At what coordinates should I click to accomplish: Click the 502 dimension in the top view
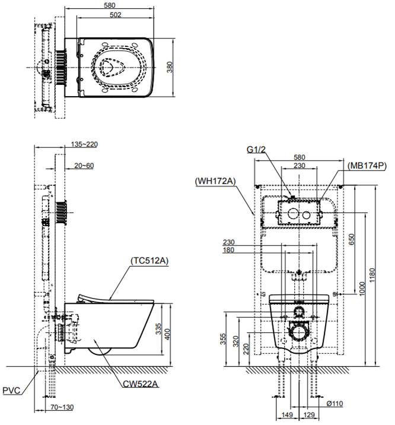(115, 15)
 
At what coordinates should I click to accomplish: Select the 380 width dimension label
(170, 67)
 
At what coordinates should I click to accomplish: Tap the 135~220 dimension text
(84, 144)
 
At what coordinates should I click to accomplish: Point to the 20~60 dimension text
(84, 166)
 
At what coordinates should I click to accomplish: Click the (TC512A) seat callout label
(149, 261)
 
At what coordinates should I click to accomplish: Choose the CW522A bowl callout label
(140, 384)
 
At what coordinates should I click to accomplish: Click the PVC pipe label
(11, 391)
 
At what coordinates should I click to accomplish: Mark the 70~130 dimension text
(62, 407)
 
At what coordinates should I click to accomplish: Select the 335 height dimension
(158, 328)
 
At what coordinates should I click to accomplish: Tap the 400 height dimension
(167, 334)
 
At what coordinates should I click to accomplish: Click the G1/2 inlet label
(256, 150)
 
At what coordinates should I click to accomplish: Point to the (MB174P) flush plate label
(367, 166)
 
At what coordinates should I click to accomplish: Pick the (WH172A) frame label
(215, 181)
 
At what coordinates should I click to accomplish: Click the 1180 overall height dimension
(372, 275)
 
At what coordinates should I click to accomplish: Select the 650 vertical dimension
(351, 239)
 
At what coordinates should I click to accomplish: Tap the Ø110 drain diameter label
(335, 404)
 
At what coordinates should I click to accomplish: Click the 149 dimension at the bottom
(287, 415)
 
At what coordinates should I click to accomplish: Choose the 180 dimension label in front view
(228, 250)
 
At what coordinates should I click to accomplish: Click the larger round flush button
(293, 214)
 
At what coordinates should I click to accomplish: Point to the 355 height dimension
(222, 339)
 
